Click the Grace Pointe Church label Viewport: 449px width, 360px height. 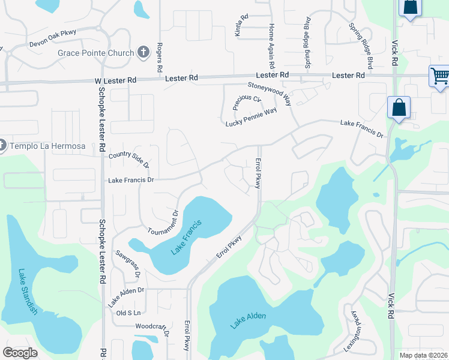click(x=95, y=53)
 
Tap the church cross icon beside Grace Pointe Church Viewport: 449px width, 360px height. click(x=143, y=52)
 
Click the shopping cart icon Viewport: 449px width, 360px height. click(x=439, y=76)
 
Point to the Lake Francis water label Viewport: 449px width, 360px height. click(x=186, y=238)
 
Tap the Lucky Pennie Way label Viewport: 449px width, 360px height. click(x=251, y=118)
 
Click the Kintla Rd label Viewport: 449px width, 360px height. click(x=242, y=26)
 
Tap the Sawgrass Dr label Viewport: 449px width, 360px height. click(x=127, y=265)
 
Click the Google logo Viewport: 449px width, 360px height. click(x=20, y=352)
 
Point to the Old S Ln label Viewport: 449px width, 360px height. click(x=128, y=313)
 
